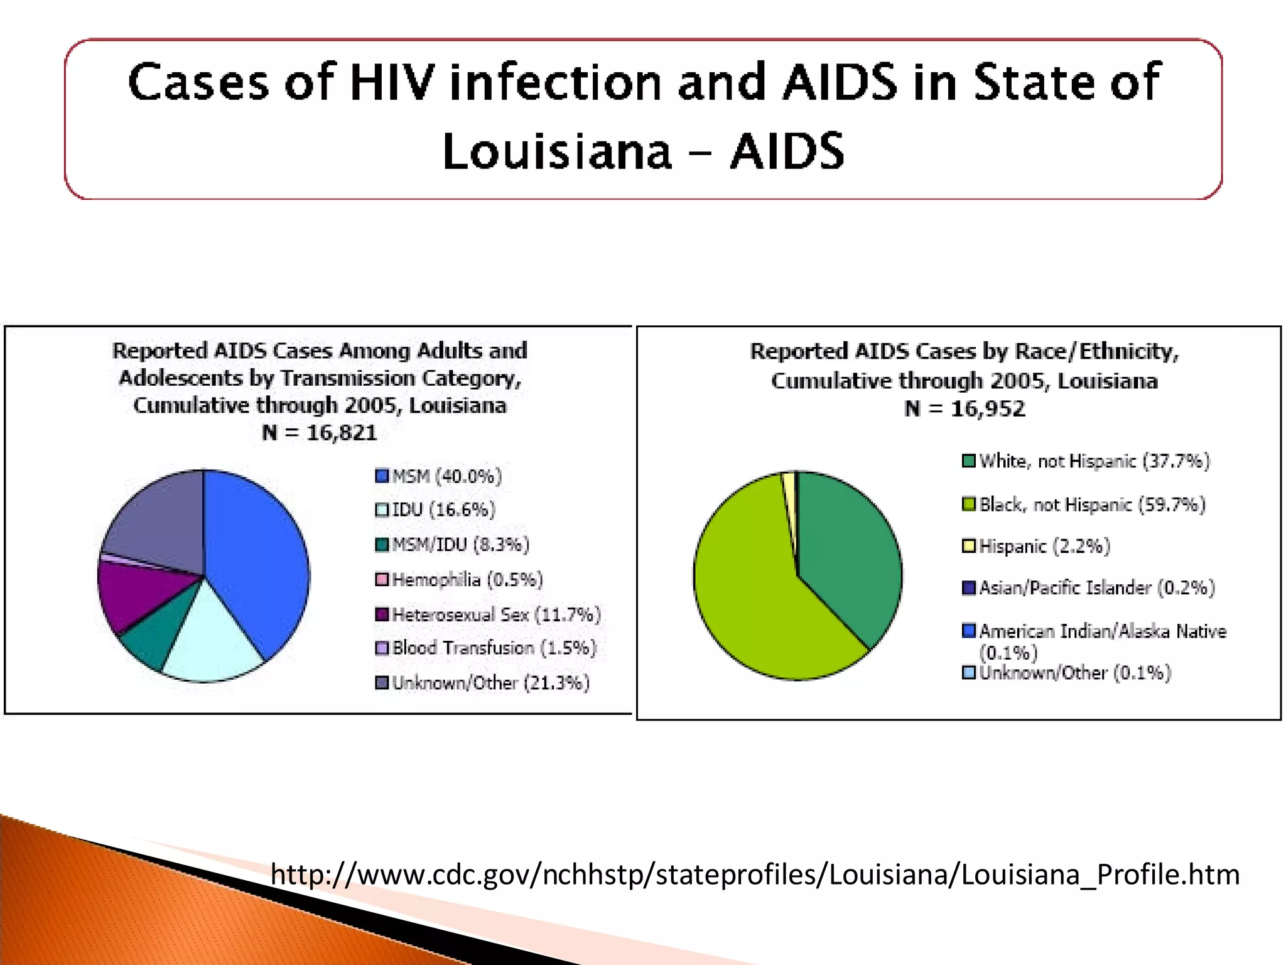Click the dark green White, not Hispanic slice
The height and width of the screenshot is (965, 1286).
[x=848, y=553]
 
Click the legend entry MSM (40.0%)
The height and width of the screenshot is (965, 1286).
[x=438, y=476]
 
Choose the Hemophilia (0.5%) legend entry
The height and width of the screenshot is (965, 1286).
[x=459, y=579]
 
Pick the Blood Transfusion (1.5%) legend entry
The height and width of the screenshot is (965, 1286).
[x=485, y=648]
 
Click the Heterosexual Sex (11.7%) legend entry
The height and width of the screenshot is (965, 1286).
[x=488, y=614]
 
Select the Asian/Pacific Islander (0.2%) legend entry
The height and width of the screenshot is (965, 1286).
[x=1088, y=587]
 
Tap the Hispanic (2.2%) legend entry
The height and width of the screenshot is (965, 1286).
[x=1036, y=546]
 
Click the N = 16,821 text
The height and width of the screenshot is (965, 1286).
[x=320, y=433]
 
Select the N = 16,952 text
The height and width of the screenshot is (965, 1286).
[x=964, y=409]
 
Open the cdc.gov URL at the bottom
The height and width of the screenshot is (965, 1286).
[x=755, y=874]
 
